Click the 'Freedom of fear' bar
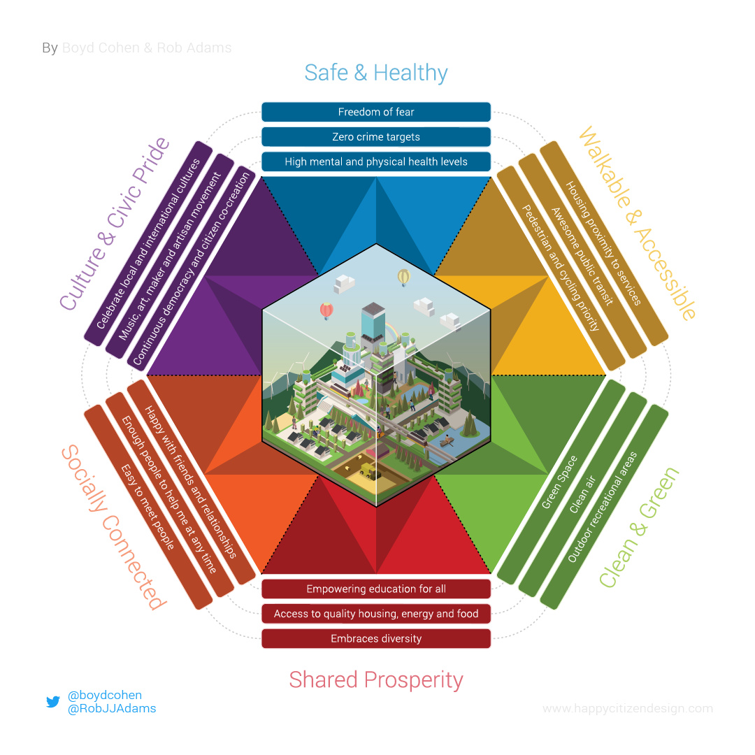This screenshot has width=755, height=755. pyautogui.click(x=376, y=112)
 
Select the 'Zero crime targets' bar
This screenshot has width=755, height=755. pyautogui.click(x=376, y=137)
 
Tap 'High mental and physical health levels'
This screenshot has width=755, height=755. pyautogui.click(x=376, y=161)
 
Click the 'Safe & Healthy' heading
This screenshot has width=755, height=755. pyautogui.click(x=376, y=73)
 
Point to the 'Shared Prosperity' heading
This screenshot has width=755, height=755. pyautogui.click(x=376, y=679)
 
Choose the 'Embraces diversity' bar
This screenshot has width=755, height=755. pyautogui.click(x=376, y=638)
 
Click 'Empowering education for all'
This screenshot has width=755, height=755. pyautogui.click(x=376, y=589)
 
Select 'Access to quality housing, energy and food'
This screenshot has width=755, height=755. pyautogui.click(x=376, y=614)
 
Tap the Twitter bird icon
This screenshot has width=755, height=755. pyautogui.click(x=53, y=702)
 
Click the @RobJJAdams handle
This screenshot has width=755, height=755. pyautogui.click(x=112, y=709)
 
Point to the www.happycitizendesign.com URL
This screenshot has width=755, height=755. pyautogui.click(x=627, y=709)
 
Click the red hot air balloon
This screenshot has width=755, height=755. pyautogui.click(x=326, y=310)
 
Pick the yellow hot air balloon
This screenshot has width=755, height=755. pyautogui.click(x=403, y=278)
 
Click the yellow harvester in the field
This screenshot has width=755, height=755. pyautogui.click(x=368, y=470)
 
